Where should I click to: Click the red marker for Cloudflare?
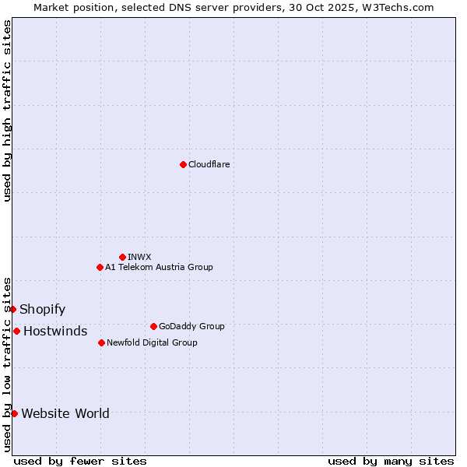(183, 164)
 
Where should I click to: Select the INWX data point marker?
(122, 257)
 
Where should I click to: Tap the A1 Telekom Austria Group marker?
(100, 267)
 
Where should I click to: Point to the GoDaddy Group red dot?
(153, 326)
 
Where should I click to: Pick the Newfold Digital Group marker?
(101, 342)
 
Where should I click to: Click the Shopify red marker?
(13, 309)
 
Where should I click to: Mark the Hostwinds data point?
(16, 331)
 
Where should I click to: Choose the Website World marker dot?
(14, 413)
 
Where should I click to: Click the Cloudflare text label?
(209, 164)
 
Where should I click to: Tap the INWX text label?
(139, 257)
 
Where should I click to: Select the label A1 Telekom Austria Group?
(159, 267)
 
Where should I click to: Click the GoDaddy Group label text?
(191, 326)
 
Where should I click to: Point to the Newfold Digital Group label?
(152, 342)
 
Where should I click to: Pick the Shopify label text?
(42, 309)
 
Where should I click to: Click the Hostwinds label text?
(55, 331)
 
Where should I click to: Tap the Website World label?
(65, 413)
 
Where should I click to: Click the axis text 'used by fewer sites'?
(80, 461)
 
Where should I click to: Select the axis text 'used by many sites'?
(391, 461)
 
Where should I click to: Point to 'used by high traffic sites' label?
(8, 111)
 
